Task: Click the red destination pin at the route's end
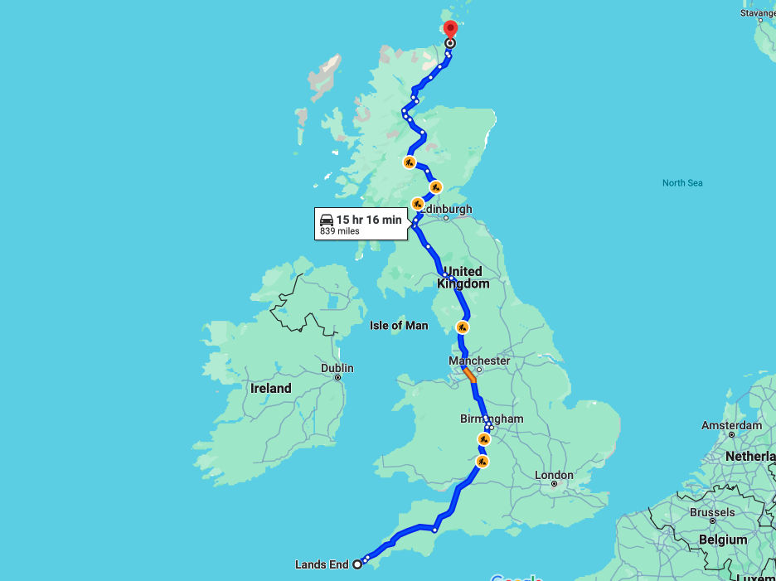[450, 28]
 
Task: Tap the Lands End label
[322, 565]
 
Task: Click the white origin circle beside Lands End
[357, 564]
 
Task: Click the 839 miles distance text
[340, 231]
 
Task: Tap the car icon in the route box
[327, 220]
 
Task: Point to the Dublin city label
[337, 368]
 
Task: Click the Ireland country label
[271, 388]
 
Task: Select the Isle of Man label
[399, 326]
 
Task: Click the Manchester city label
[479, 361]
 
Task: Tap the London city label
[554, 475]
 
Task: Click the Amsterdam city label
[731, 425]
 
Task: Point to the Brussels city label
[711, 512]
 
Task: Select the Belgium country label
[723, 540]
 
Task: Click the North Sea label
[682, 182]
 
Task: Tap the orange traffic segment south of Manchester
[470, 375]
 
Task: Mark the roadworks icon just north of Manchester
[463, 327]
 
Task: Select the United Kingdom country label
[463, 278]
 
